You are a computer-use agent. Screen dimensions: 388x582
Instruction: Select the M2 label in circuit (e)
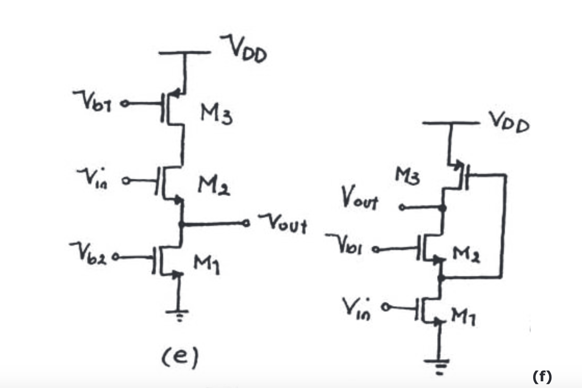pos(213,185)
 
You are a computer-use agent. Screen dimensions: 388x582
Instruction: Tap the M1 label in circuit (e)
pos(207,264)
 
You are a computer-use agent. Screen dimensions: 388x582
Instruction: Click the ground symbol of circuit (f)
pos(438,365)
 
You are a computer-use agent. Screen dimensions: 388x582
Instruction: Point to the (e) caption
pos(180,357)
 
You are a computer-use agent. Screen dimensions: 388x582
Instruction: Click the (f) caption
pos(542,376)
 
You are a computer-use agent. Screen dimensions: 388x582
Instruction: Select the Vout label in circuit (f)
pos(359,198)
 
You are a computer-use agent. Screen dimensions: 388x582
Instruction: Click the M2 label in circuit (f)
pos(466,254)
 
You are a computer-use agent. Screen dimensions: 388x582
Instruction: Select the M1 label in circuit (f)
pos(463,317)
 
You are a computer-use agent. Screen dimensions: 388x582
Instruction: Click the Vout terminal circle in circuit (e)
pos(246,224)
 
